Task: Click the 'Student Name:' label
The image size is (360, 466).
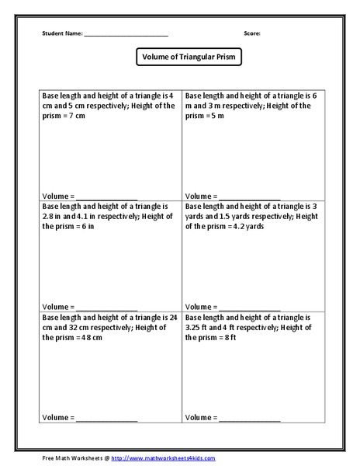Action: point(61,33)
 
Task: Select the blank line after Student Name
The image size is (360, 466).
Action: point(126,35)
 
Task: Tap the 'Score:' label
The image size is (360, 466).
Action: point(251,33)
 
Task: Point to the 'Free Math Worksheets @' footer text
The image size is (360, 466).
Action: point(76,458)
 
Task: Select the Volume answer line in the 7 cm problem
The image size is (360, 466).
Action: point(106,196)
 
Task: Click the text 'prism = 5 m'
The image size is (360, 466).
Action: point(206,116)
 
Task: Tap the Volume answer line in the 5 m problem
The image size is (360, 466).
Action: point(249,196)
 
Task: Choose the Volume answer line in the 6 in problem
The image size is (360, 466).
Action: point(106,308)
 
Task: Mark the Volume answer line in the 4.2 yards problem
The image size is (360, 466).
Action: point(249,308)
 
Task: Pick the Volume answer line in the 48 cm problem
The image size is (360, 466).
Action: point(106,419)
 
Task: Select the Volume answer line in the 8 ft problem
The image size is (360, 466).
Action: point(249,419)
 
